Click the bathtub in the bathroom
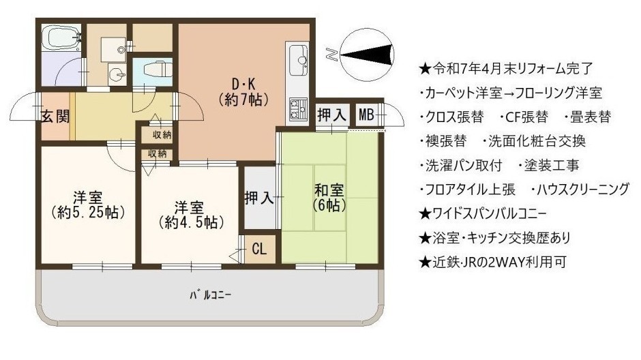63,37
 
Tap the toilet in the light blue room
156,69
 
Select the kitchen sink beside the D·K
299,61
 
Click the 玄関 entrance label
55,116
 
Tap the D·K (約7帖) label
243,91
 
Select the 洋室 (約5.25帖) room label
88,205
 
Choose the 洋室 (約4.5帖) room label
190,215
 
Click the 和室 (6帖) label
329,197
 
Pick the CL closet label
259,248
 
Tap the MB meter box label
366,115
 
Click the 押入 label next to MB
332,115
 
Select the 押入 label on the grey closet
258,198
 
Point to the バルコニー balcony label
211,295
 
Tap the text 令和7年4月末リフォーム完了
506,69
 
